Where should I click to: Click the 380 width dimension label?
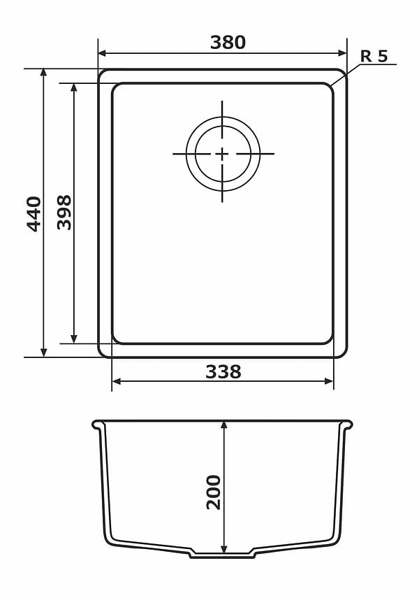[228, 43]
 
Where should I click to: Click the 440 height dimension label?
[34, 214]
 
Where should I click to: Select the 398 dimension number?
[64, 213]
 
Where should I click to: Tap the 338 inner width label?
[223, 371]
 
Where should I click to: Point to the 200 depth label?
[214, 492]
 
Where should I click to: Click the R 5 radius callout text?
[374, 56]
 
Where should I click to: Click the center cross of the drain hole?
[221, 154]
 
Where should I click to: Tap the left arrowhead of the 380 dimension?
[102, 53]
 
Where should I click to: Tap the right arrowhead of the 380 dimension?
[343, 53]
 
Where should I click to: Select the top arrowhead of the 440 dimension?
[44, 73]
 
